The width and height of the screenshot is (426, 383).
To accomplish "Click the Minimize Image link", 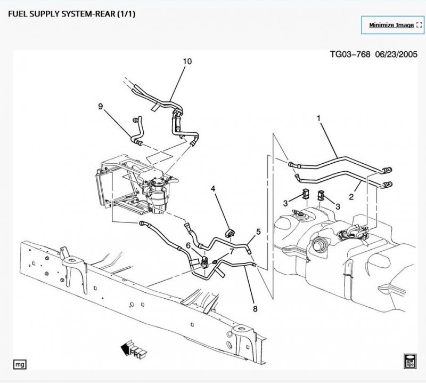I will (391, 25).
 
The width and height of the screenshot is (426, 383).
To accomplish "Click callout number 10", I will (187, 61).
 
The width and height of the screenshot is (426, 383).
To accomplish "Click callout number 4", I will (213, 189).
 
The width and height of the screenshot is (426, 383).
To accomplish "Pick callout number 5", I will (258, 232).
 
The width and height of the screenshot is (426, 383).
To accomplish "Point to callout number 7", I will (232, 251).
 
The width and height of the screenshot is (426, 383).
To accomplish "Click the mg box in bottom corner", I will (20, 364).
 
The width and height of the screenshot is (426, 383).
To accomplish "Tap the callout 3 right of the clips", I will (338, 205).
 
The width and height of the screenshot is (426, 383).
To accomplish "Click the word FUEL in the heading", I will (19, 13).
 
